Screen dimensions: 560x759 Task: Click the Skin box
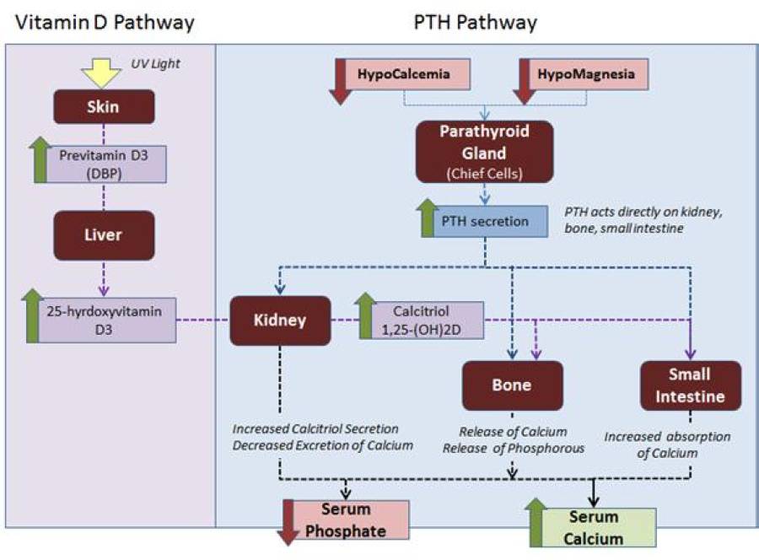click(x=104, y=106)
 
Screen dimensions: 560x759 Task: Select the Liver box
click(x=104, y=234)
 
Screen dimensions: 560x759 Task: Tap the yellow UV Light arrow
click(x=104, y=73)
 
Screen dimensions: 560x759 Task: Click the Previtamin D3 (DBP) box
click(x=111, y=162)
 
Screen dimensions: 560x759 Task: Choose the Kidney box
click(x=280, y=320)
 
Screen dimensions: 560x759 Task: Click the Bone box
click(x=512, y=385)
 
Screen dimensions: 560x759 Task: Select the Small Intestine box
click(x=690, y=385)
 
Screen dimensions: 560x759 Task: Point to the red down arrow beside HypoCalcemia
click(x=341, y=82)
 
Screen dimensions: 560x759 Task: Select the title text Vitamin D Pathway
click(x=100, y=22)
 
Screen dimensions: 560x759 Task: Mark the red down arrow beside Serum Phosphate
click(x=289, y=523)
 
